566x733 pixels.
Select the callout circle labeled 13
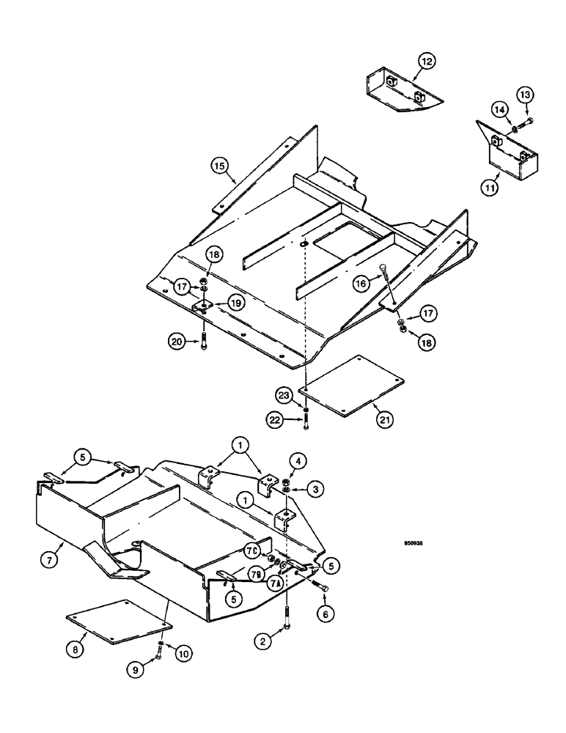tap(527, 95)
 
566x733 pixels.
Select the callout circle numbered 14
tap(499, 110)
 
